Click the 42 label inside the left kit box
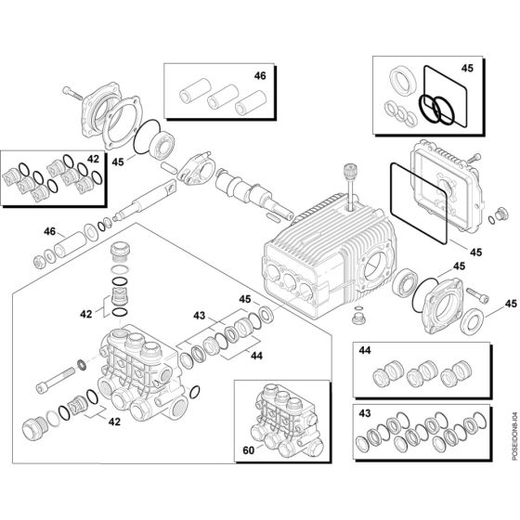[93, 159]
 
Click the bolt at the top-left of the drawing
[75, 94]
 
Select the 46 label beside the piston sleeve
[49, 230]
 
